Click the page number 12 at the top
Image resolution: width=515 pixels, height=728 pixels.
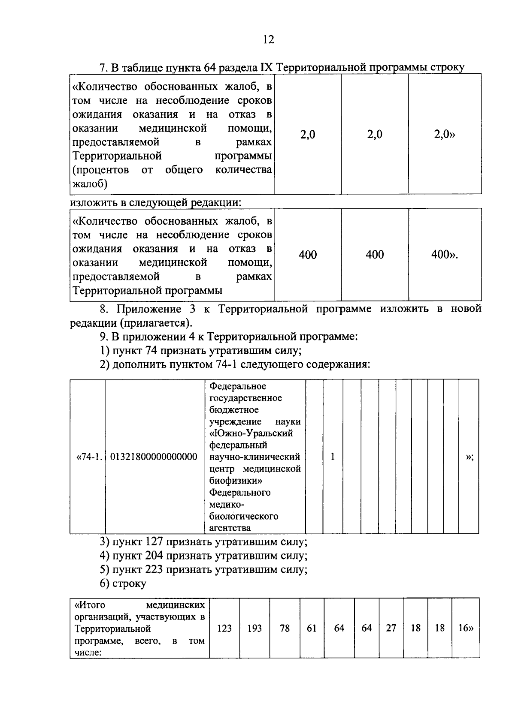tap(268, 40)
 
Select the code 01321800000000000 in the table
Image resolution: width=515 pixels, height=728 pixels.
tap(154, 457)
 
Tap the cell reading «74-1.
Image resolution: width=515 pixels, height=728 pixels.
tap(89, 457)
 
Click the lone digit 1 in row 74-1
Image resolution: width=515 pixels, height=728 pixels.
tap(333, 457)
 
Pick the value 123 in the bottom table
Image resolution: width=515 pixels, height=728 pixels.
tap(224, 629)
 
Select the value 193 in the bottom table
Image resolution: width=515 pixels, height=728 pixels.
tap(254, 629)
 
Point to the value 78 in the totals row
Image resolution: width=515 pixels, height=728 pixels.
tap(285, 629)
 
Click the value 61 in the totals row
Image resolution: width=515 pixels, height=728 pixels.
tap(312, 629)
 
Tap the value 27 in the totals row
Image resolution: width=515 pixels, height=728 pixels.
tap(391, 629)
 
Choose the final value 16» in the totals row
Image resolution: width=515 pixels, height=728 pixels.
tap(466, 629)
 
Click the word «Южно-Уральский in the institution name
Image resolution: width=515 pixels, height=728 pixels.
tap(251, 433)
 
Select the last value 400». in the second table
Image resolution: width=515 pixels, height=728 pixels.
tap(445, 255)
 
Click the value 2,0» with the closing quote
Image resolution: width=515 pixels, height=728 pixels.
tap(445, 135)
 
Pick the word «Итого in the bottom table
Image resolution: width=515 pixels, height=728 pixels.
tap(90, 605)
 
